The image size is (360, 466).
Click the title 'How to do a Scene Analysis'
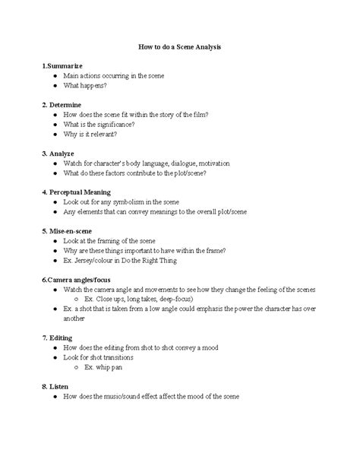[x=179, y=47]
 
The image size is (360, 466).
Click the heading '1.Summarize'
[x=63, y=67]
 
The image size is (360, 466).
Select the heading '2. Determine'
[x=63, y=103]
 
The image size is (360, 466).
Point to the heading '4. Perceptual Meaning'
[x=77, y=192]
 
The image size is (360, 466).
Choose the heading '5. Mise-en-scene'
[x=70, y=230]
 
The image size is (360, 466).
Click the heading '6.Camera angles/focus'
[x=79, y=280]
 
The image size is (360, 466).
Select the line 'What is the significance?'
[x=99, y=124]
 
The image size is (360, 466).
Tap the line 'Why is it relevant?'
[x=91, y=134]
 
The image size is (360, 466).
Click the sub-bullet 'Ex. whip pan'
[x=103, y=367]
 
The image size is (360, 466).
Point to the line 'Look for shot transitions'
[x=99, y=357]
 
